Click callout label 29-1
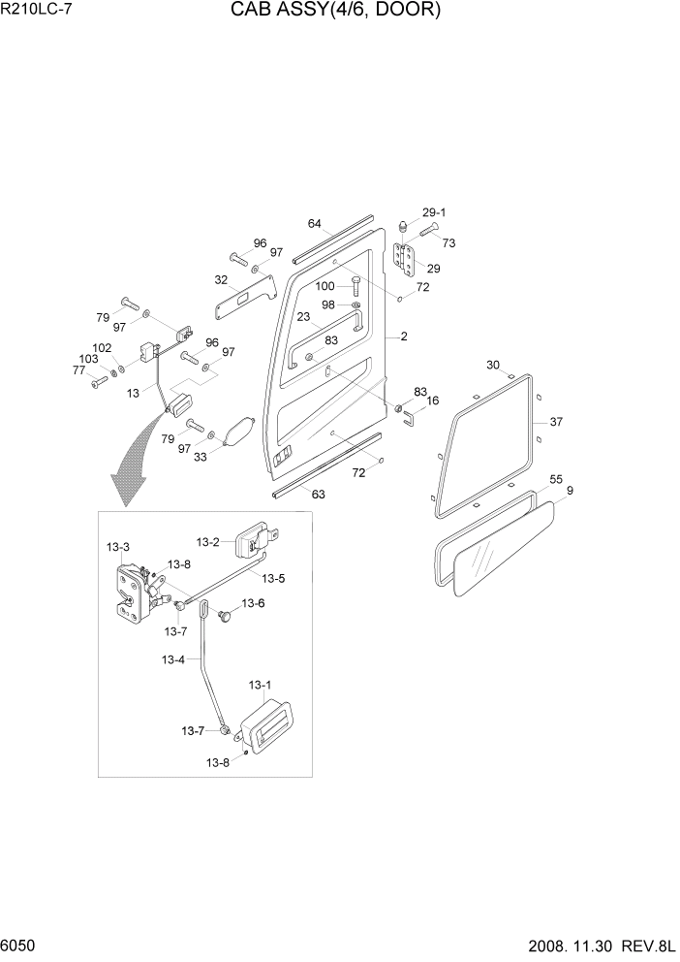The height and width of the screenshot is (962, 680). coord(433,212)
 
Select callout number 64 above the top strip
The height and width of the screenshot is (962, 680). coord(315,224)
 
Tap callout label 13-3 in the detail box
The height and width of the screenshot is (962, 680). coord(118,548)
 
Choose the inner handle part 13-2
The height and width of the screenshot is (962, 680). coord(258,538)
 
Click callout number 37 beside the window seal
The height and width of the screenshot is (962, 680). coord(556,422)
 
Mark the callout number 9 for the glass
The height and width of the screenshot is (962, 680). coord(570,491)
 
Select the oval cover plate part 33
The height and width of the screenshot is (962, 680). coord(239,432)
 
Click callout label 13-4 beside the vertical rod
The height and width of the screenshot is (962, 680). coord(173,660)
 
